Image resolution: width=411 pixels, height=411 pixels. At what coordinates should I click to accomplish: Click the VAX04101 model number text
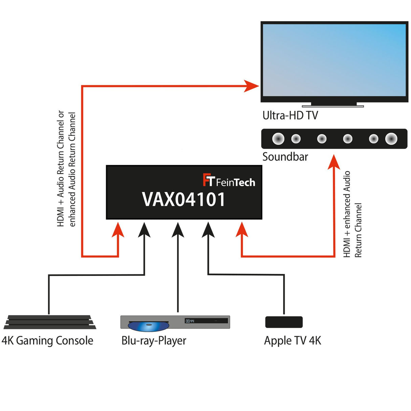pyautogui.click(x=183, y=199)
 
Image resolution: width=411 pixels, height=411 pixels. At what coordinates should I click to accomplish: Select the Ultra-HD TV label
pyautogui.click(x=290, y=115)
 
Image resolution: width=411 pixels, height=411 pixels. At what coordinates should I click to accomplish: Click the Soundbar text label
pyautogui.click(x=285, y=157)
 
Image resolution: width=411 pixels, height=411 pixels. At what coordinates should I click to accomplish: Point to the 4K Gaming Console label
pyautogui.click(x=47, y=341)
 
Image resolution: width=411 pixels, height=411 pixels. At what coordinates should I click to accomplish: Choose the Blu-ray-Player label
pyautogui.click(x=154, y=341)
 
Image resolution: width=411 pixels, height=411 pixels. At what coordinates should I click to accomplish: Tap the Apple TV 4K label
pyautogui.click(x=293, y=341)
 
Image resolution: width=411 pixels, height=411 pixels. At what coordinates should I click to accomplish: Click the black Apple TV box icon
pyautogui.click(x=284, y=322)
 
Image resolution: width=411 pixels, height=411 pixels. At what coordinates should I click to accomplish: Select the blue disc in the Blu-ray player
pyautogui.click(x=148, y=326)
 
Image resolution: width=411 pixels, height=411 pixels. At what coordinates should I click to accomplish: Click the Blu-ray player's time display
pyautogui.click(x=190, y=321)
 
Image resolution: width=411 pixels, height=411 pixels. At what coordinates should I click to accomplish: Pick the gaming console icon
pyautogui.click(x=50, y=322)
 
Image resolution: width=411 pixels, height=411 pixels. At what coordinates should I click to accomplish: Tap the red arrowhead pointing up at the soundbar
pyautogui.click(x=334, y=162)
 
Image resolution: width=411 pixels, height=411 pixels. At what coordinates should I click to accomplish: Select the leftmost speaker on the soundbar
pyautogui.click(x=278, y=139)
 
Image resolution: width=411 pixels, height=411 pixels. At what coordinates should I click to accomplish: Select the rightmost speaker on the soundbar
pyautogui.click(x=391, y=139)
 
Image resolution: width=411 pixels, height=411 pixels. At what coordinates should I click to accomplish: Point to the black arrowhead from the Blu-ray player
pyautogui.click(x=178, y=230)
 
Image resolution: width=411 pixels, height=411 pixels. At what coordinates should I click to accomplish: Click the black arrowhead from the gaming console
pyautogui.click(x=145, y=230)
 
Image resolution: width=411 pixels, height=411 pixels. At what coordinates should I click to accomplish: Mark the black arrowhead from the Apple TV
pyautogui.click(x=208, y=230)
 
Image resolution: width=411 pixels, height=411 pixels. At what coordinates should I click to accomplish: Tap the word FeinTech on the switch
pyautogui.click(x=235, y=182)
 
